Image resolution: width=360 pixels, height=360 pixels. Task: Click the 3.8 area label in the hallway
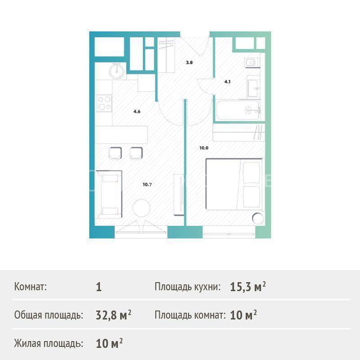click(x=189, y=63)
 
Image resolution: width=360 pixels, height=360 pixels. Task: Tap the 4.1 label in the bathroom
click(x=227, y=81)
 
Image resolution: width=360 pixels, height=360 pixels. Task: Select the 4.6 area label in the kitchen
click(x=137, y=112)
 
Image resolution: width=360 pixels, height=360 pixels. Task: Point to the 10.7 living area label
click(x=147, y=184)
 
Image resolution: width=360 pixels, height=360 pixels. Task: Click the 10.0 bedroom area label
click(x=204, y=148)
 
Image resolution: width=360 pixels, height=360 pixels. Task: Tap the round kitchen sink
click(x=117, y=71)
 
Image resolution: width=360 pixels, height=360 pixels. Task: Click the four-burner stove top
click(x=104, y=103)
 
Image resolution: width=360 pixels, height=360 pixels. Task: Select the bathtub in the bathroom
click(x=238, y=110)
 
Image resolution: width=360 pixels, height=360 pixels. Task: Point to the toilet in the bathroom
click(x=252, y=62)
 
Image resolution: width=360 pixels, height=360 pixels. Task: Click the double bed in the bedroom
click(x=234, y=184)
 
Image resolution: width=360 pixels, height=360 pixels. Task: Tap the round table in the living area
click(x=141, y=208)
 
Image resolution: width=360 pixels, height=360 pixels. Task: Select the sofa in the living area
click(x=109, y=194)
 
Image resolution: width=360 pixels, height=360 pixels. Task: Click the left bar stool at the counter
click(x=115, y=153)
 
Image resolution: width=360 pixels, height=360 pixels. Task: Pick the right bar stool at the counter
click(x=136, y=153)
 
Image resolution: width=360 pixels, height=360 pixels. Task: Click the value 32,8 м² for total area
click(x=113, y=315)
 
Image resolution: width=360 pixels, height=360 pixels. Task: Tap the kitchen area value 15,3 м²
click(x=248, y=287)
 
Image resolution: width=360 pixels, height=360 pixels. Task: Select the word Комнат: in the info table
click(x=30, y=287)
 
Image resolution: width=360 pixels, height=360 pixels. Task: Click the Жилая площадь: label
click(x=49, y=344)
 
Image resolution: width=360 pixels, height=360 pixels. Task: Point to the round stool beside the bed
click(x=257, y=219)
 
